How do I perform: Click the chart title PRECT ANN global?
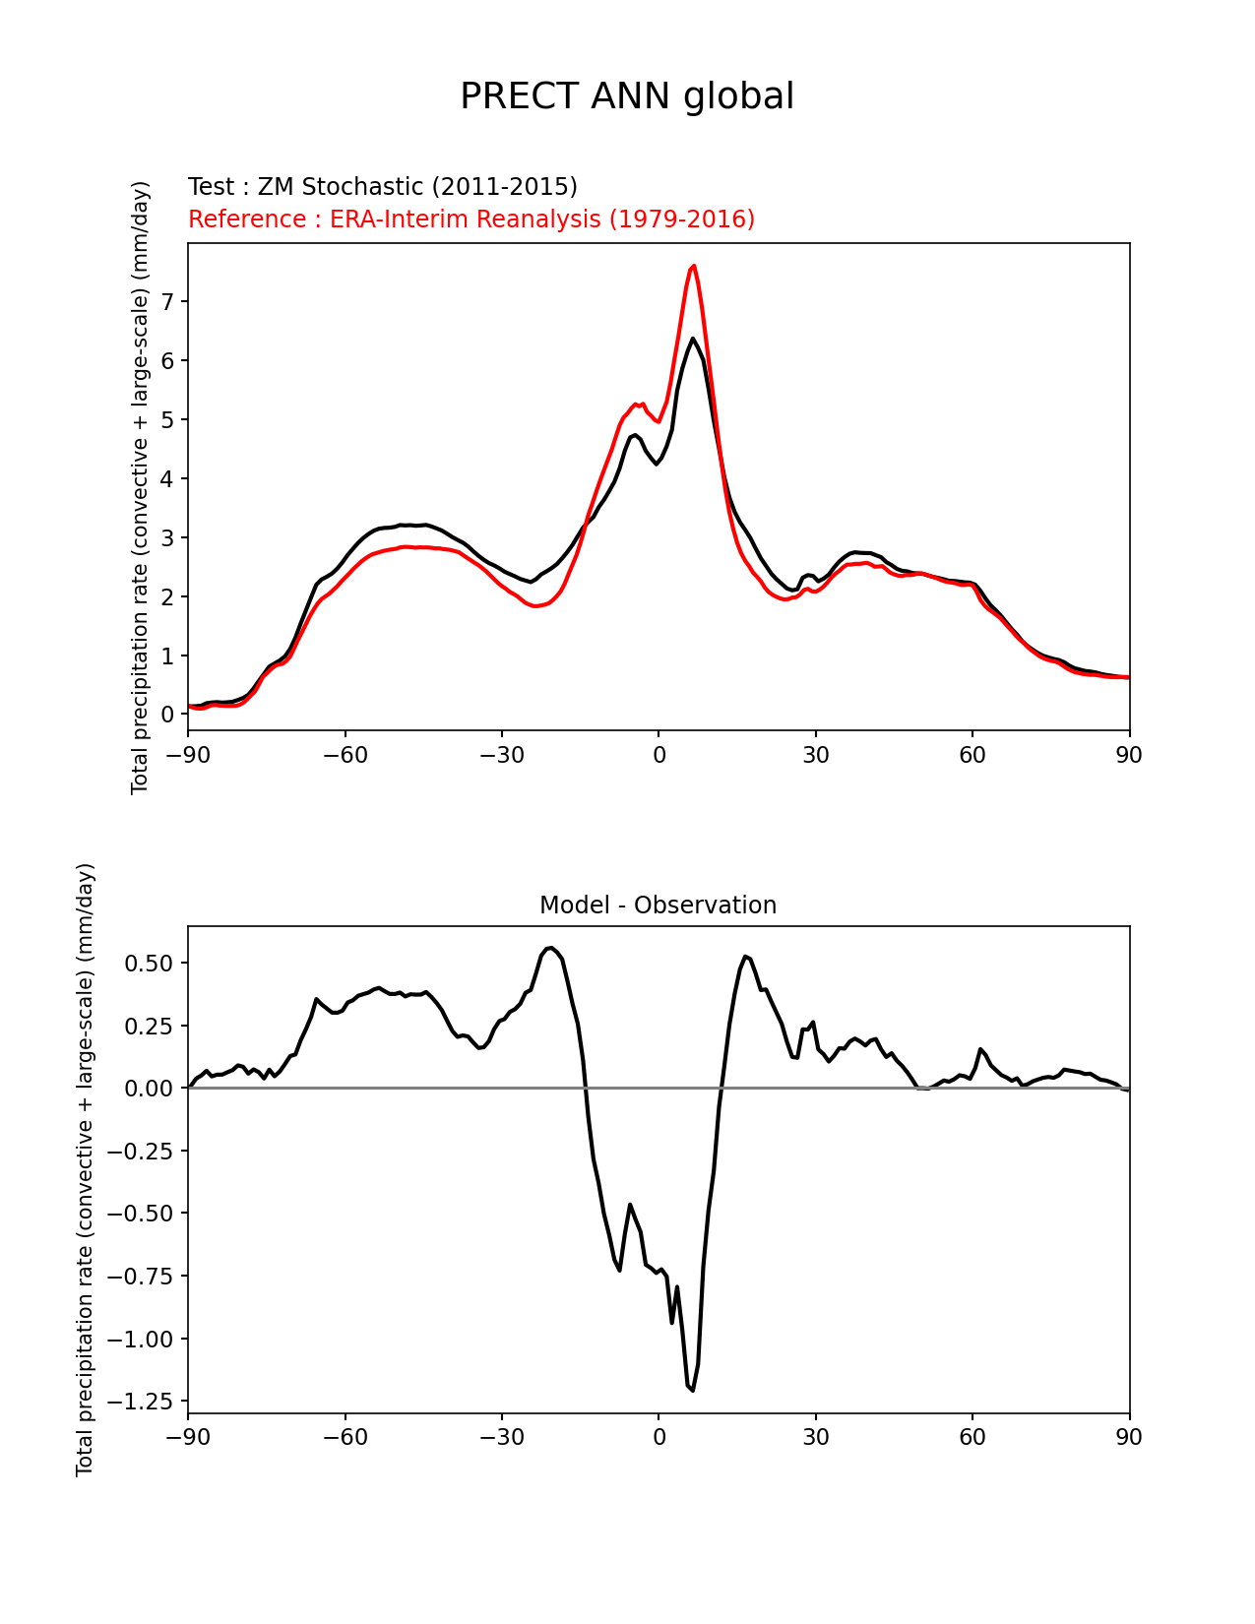[627, 96]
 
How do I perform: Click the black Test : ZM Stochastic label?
[383, 187]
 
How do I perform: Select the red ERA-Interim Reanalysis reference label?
[471, 219]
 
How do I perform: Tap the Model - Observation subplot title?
[658, 906]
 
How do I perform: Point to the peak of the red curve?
[694, 266]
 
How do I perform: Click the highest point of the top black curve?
[693, 339]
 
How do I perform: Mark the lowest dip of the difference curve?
[693, 1390]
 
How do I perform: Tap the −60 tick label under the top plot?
[345, 755]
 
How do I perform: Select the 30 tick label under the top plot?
[815, 755]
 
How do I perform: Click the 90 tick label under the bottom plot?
[1129, 1438]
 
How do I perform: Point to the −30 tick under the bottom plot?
[501, 1438]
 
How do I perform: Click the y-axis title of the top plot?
[141, 487]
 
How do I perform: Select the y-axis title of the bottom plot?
[86, 1169]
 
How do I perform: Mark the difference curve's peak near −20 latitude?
[551, 948]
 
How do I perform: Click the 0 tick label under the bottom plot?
[659, 1438]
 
